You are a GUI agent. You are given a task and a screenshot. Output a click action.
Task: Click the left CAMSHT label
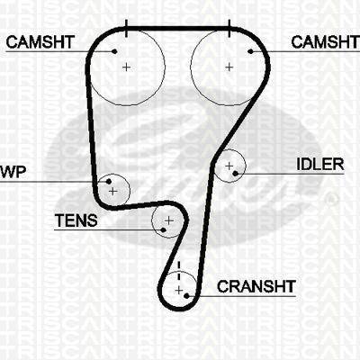(x=40, y=42)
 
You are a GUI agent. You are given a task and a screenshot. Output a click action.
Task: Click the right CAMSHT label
(x=325, y=42)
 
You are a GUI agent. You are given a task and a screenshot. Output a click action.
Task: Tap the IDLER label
(x=320, y=165)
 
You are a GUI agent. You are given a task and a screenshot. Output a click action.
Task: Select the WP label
(x=13, y=172)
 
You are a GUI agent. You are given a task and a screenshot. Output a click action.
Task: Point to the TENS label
(x=76, y=220)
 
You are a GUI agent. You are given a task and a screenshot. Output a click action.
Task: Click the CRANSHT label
(x=256, y=286)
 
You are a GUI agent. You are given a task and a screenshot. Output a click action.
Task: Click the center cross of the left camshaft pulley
(x=126, y=67)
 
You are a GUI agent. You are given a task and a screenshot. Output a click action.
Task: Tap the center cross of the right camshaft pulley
(x=229, y=67)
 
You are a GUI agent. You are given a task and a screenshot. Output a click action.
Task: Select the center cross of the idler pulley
(x=229, y=166)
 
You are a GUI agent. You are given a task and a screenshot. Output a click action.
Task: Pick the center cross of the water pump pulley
(x=112, y=191)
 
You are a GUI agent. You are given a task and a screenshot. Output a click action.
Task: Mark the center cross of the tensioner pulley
(x=169, y=220)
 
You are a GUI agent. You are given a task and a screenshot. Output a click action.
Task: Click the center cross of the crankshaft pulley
(x=179, y=291)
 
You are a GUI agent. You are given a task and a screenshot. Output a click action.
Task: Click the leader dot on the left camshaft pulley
(x=114, y=51)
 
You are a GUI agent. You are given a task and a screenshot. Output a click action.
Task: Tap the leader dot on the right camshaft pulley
(x=250, y=51)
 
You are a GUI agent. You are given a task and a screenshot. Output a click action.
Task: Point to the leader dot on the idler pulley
(x=235, y=173)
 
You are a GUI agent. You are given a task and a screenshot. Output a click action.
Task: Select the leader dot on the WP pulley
(x=109, y=181)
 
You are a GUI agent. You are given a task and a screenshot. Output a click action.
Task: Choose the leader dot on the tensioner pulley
(x=163, y=230)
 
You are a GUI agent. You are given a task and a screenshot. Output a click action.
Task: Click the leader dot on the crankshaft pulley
(x=186, y=296)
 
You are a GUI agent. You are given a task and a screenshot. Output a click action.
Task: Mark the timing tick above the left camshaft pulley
(x=126, y=29)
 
